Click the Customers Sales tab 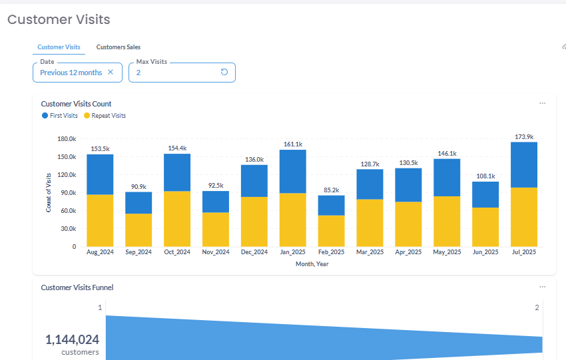118,47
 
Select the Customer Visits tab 59,47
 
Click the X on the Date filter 111,73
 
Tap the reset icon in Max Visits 224,73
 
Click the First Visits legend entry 60,116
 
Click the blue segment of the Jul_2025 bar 524,164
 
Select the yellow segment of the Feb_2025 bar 331,230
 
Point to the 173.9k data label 524,137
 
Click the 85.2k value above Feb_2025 331,190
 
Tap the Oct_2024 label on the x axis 177,252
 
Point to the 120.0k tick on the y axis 65,175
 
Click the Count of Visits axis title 49,192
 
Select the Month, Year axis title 312,264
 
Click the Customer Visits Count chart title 76,104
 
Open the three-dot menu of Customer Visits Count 542,103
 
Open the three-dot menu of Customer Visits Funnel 542,287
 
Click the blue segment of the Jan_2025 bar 293,171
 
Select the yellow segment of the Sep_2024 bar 139,230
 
